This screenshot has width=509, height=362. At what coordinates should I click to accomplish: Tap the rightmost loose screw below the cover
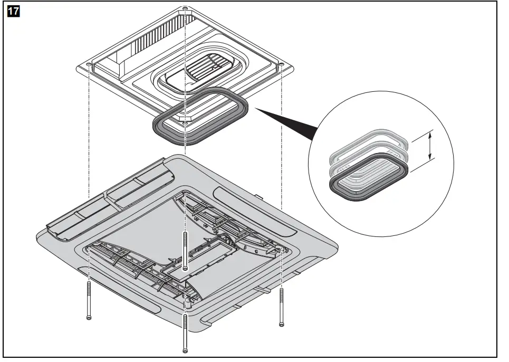(281, 306)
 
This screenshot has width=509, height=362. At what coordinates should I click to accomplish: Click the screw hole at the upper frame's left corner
(88, 65)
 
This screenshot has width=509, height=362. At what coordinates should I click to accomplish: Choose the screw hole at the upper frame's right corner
(282, 65)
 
